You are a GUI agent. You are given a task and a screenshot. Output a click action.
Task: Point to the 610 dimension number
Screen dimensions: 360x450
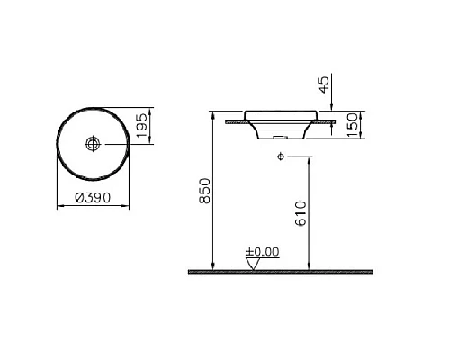pos(302,212)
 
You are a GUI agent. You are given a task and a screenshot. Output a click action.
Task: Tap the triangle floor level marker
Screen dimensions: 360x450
pos(253,263)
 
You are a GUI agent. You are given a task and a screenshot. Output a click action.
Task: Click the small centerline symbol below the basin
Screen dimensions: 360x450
pos(281,157)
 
